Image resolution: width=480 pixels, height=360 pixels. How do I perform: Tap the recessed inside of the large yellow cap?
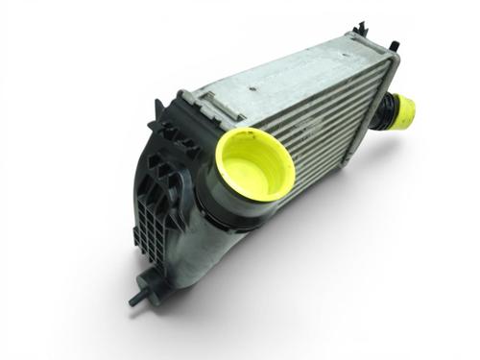pos(254,163)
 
